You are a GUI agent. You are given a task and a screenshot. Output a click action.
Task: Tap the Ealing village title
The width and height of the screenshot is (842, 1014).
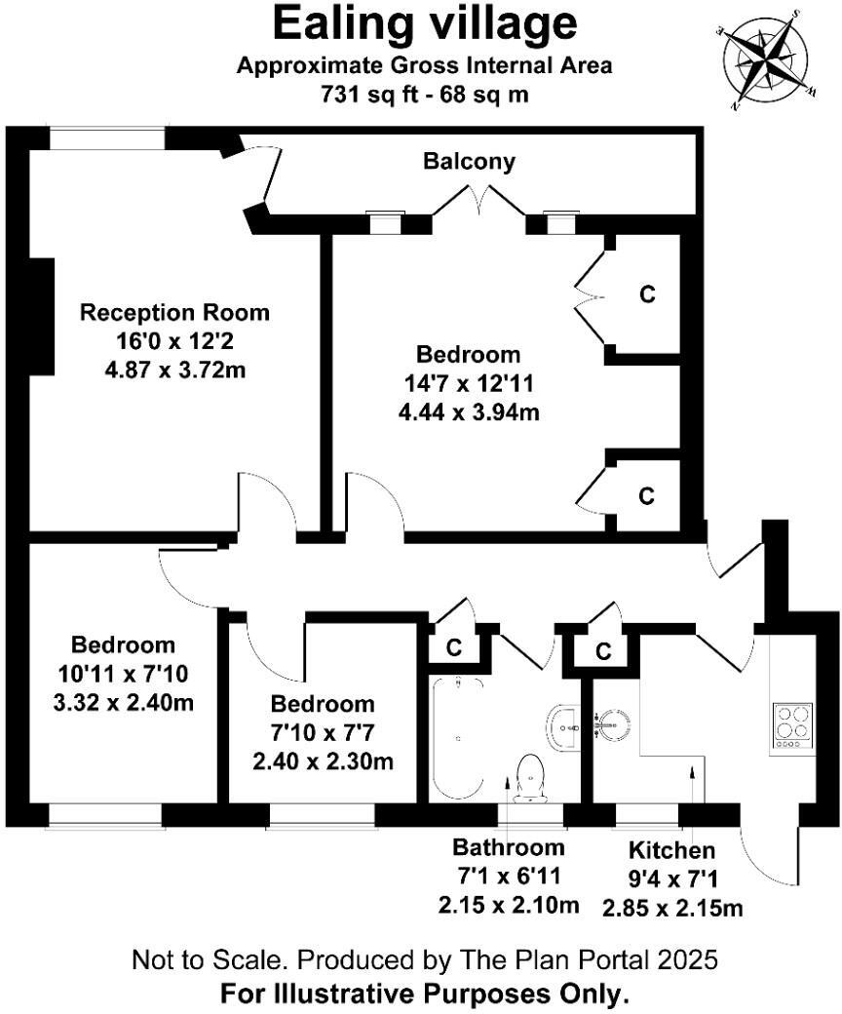tap(424, 23)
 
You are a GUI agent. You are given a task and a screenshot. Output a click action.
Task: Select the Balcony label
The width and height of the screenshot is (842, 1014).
tap(469, 162)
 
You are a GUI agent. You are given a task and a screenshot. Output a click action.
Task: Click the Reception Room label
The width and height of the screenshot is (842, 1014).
tap(174, 313)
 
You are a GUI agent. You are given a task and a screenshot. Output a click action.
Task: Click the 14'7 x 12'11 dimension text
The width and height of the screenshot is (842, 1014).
tap(469, 383)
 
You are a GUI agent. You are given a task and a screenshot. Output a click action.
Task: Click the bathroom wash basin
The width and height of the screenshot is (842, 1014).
tap(563, 724)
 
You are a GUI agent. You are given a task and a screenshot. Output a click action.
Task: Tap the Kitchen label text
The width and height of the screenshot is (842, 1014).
tap(672, 849)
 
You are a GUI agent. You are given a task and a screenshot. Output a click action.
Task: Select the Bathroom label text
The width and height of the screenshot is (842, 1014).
tap(508, 847)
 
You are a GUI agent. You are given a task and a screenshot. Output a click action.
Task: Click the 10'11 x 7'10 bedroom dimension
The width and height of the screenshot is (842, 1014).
tap(123, 674)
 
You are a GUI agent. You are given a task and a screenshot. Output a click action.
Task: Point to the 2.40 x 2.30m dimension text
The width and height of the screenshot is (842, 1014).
tap(323, 761)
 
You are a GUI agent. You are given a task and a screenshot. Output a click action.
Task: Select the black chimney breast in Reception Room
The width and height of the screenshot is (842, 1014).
tap(42, 317)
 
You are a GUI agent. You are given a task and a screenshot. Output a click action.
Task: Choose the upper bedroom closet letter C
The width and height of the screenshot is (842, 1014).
tap(646, 292)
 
